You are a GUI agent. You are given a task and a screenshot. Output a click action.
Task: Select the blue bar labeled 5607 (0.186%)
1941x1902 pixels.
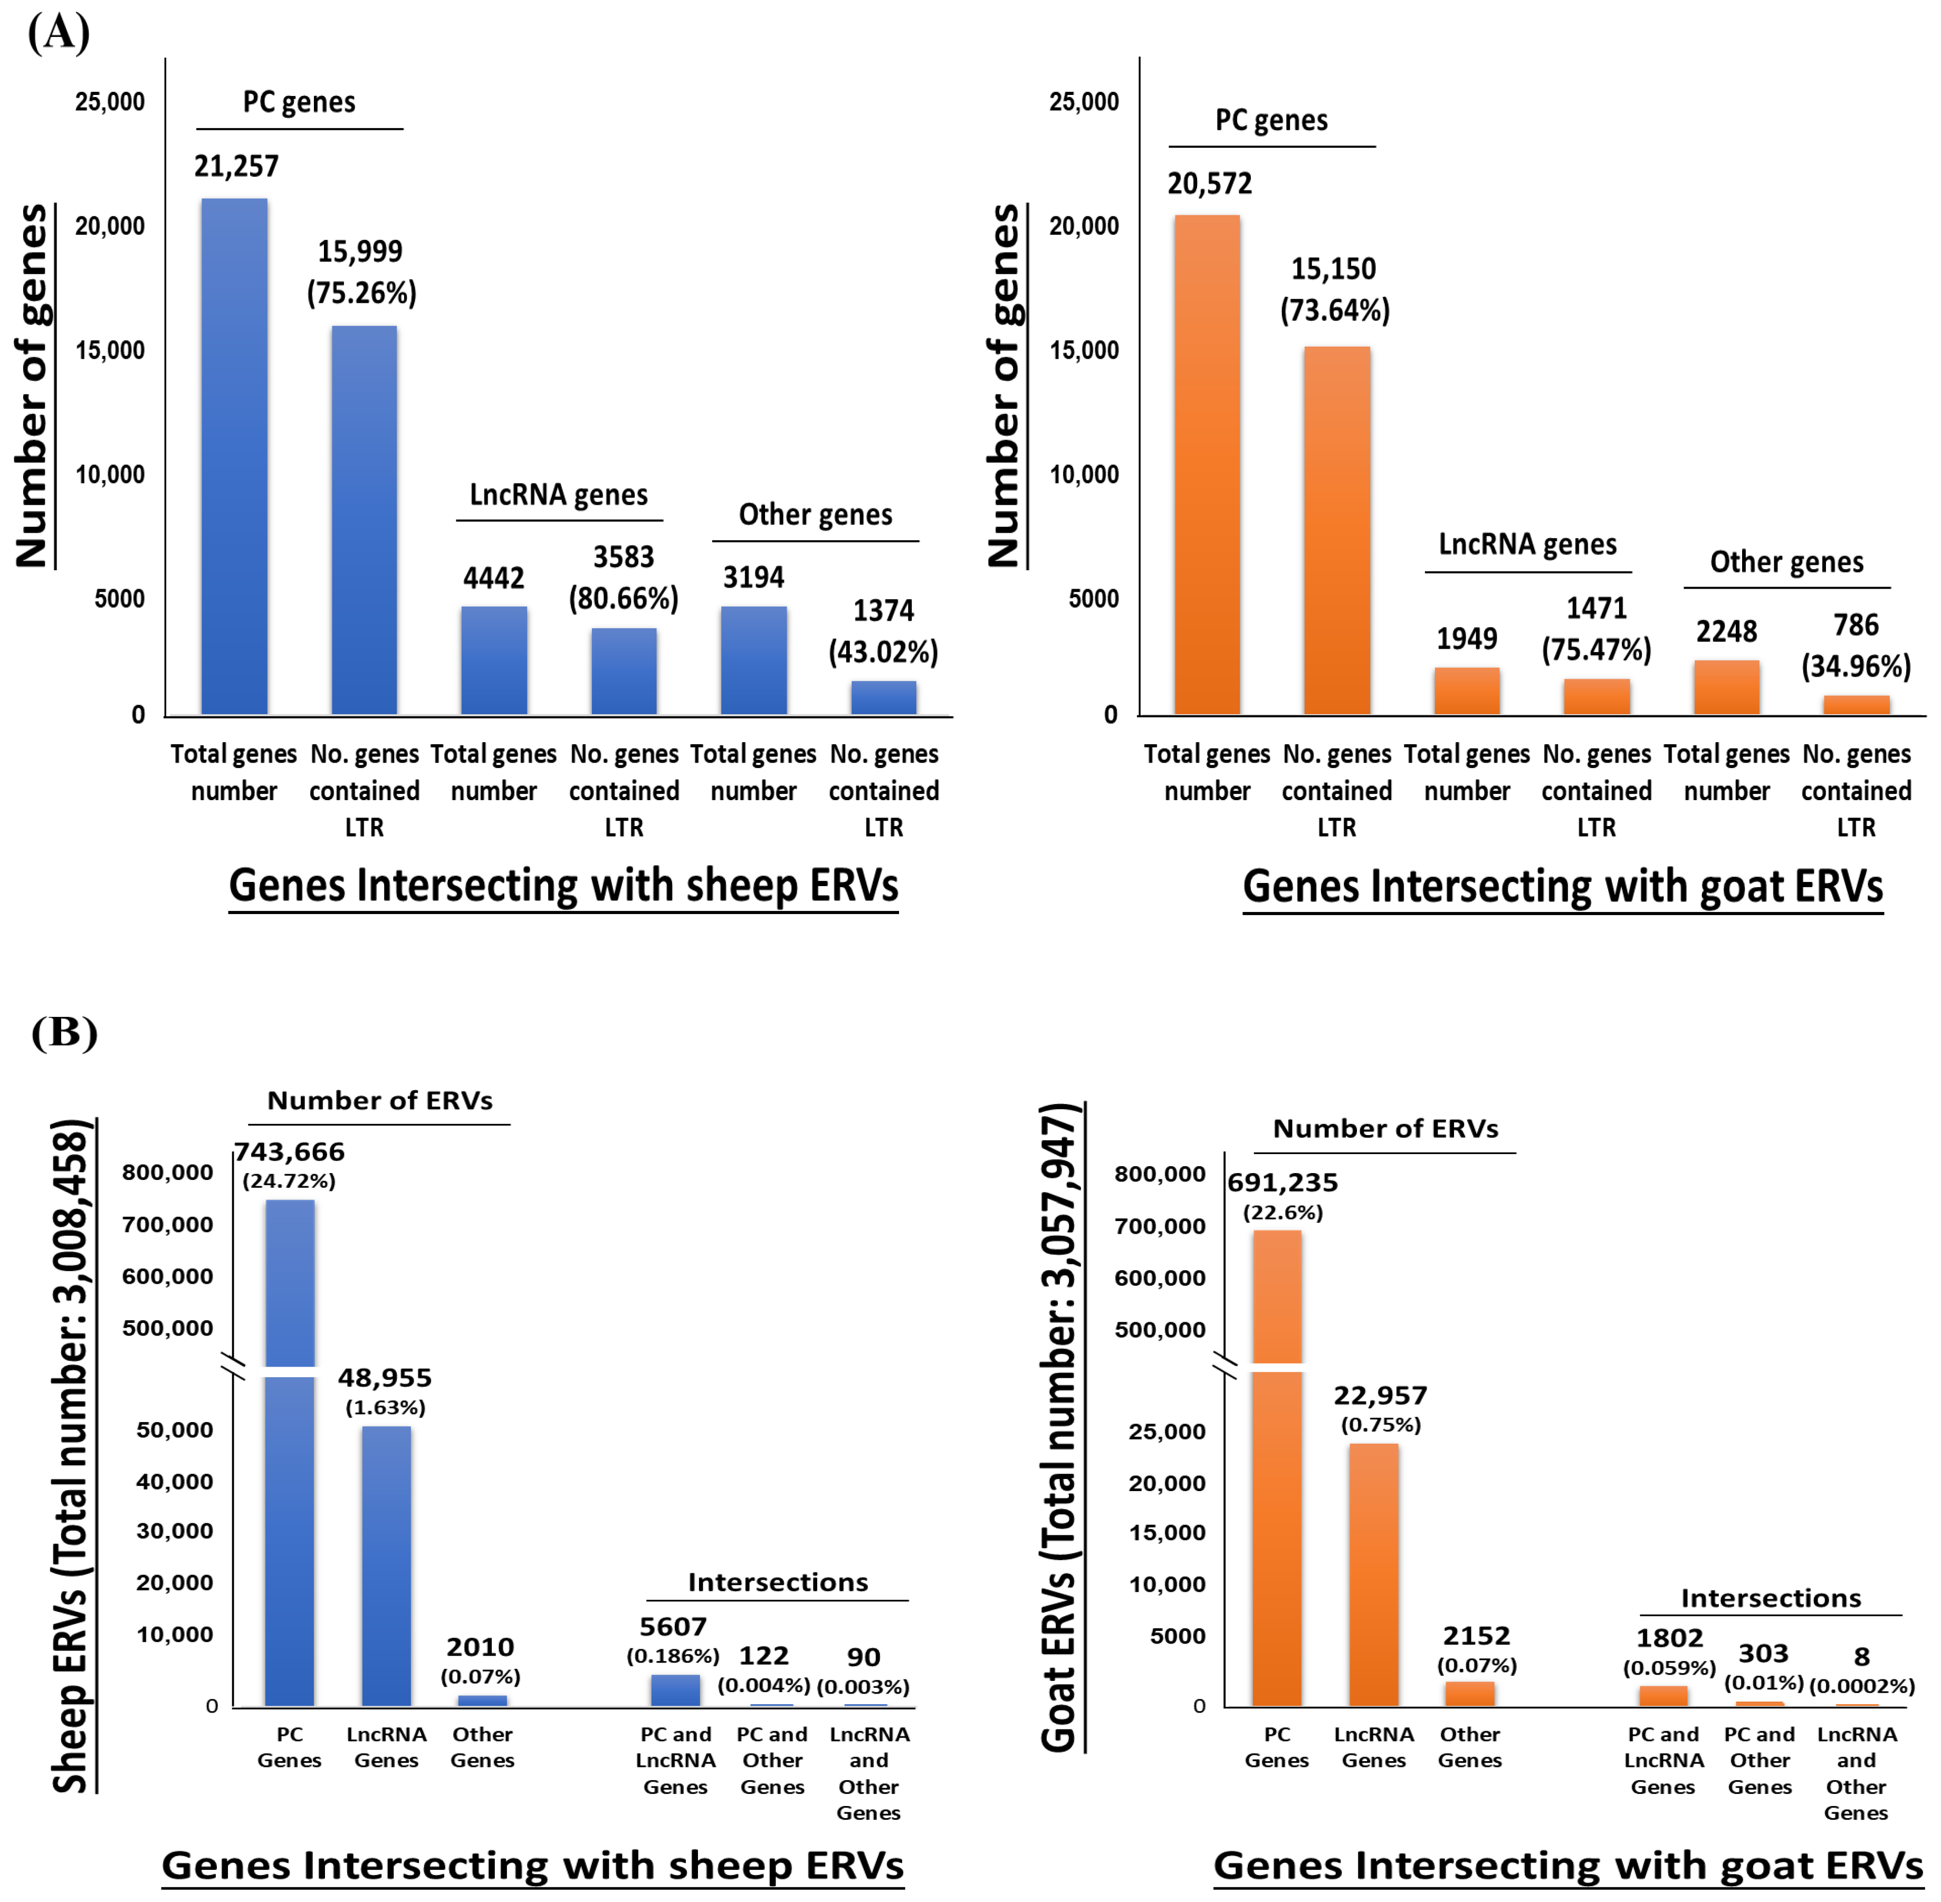[x=675, y=1690]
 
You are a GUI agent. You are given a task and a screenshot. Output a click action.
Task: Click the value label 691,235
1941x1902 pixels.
[x=1283, y=1183]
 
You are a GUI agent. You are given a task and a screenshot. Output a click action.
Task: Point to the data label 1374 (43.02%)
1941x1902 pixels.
[x=883, y=631]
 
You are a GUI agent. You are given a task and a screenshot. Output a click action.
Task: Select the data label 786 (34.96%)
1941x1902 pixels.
[x=1856, y=645]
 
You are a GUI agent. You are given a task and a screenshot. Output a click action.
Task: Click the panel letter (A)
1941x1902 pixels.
[x=59, y=32]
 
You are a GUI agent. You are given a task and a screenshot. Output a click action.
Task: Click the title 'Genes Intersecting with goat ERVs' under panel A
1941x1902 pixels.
[x=1562, y=886]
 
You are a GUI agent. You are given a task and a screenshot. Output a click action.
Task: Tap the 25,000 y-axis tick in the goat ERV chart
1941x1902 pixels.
[x=1167, y=1432]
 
